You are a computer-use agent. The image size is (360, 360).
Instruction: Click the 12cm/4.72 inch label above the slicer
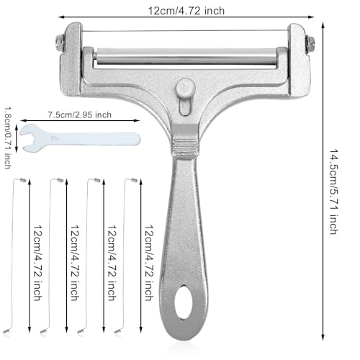[186, 11]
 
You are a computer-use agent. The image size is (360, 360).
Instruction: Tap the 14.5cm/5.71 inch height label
[333, 192]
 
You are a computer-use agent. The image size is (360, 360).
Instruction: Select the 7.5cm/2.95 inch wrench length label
[80, 114]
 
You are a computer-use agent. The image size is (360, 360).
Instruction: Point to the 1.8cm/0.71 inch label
[7, 138]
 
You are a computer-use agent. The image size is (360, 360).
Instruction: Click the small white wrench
[80, 138]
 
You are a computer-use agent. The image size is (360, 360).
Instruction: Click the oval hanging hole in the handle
[184, 302]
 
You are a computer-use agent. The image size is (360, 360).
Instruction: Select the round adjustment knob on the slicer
[185, 88]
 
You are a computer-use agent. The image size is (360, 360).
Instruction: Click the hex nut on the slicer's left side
[60, 43]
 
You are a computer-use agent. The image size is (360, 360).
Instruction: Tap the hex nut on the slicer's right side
[310, 45]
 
